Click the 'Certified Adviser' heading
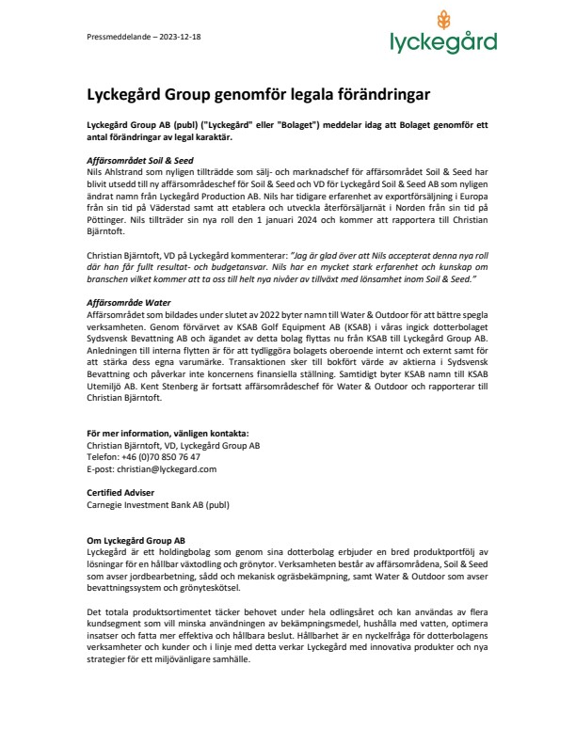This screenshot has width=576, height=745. [106, 492]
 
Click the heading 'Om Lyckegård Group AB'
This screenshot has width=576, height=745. [121, 540]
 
